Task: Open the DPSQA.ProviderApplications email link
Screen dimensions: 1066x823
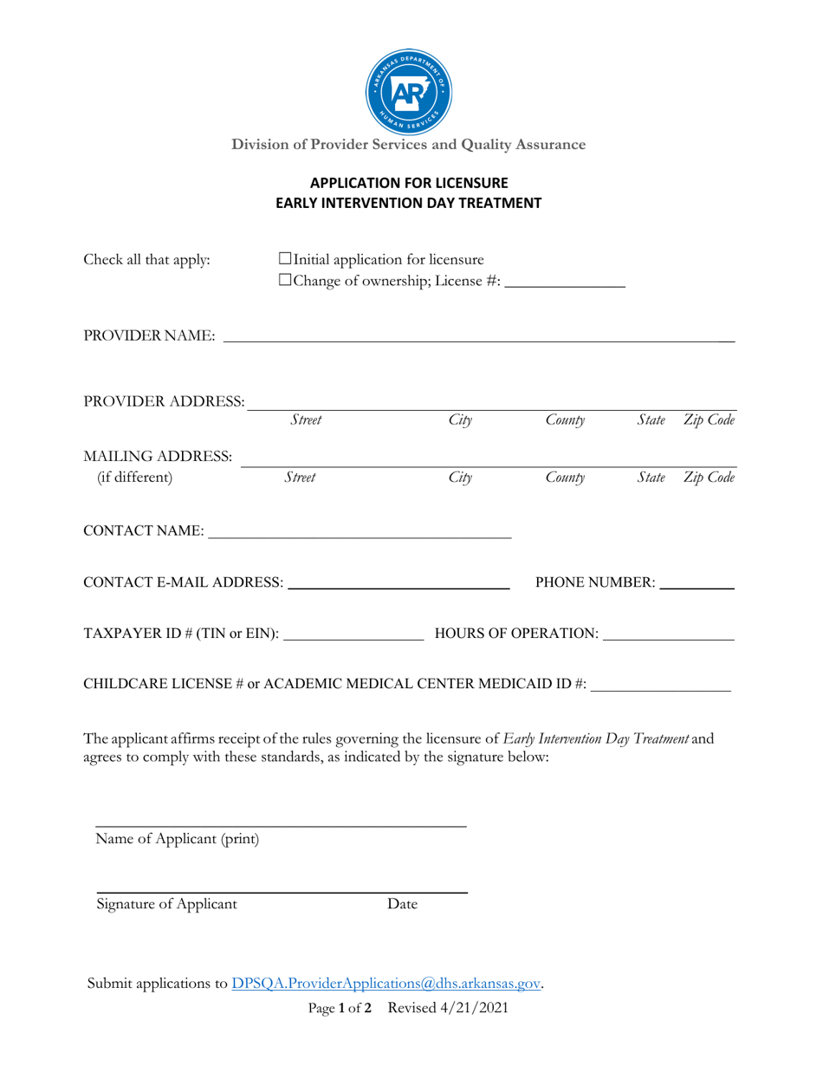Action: coord(386,984)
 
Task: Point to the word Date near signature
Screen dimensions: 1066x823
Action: coord(403,905)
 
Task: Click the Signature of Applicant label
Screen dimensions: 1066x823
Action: coord(166,905)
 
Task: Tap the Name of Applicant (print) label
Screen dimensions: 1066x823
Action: coord(178,839)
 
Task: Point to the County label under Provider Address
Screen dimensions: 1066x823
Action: coord(567,420)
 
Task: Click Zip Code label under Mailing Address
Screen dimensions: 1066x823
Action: coord(710,477)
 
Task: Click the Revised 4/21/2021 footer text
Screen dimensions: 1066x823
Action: coord(447,1008)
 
